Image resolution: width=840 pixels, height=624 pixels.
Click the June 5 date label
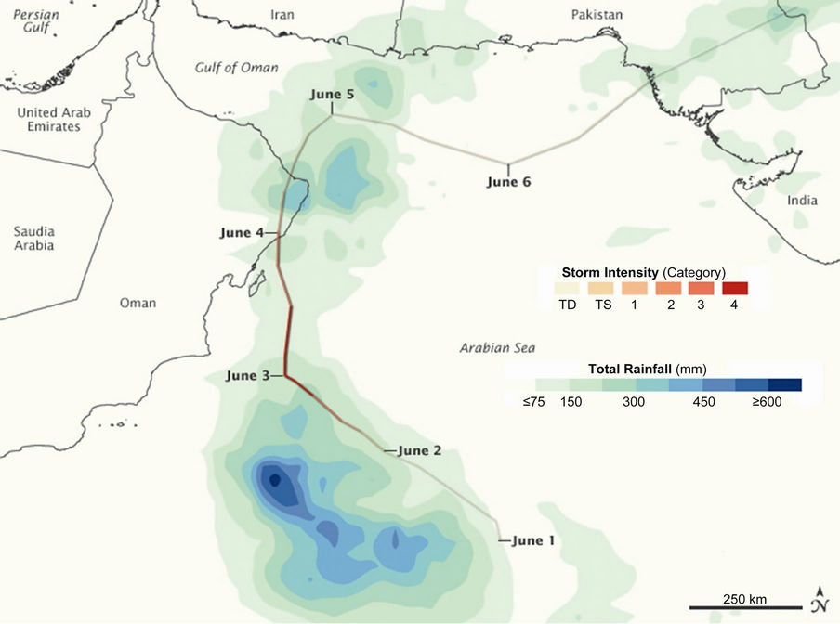click(x=332, y=95)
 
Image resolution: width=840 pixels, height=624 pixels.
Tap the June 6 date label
click(x=508, y=182)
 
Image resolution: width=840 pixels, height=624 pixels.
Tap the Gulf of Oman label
click(x=230, y=68)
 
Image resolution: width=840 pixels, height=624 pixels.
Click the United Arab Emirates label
click(x=54, y=119)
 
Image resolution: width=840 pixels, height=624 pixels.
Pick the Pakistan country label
click(x=597, y=15)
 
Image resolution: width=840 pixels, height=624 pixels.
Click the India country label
click(x=801, y=201)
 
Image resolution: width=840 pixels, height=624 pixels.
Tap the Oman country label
click(x=138, y=303)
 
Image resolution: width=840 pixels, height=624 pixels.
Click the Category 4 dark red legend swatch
click(x=734, y=288)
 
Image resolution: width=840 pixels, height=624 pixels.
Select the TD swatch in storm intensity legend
click(x=565, y=288)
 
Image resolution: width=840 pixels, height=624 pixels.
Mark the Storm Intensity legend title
click(x=642, y=272)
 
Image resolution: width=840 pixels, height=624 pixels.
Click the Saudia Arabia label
click(x=33, y=238)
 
